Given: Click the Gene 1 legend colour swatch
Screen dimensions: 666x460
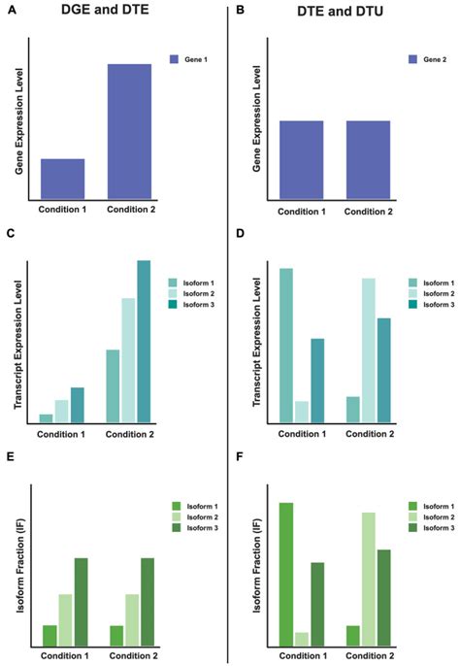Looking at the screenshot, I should [175, 59].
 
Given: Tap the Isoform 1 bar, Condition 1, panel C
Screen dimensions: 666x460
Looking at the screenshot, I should [46, 418].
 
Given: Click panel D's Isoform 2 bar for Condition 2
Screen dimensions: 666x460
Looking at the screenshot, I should [368, 350].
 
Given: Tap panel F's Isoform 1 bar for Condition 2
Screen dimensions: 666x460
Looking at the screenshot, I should [352, 635].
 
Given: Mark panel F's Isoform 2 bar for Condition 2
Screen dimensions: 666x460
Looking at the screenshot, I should [368, 579].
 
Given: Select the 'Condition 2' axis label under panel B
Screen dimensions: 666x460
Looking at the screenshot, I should [369, 210].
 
